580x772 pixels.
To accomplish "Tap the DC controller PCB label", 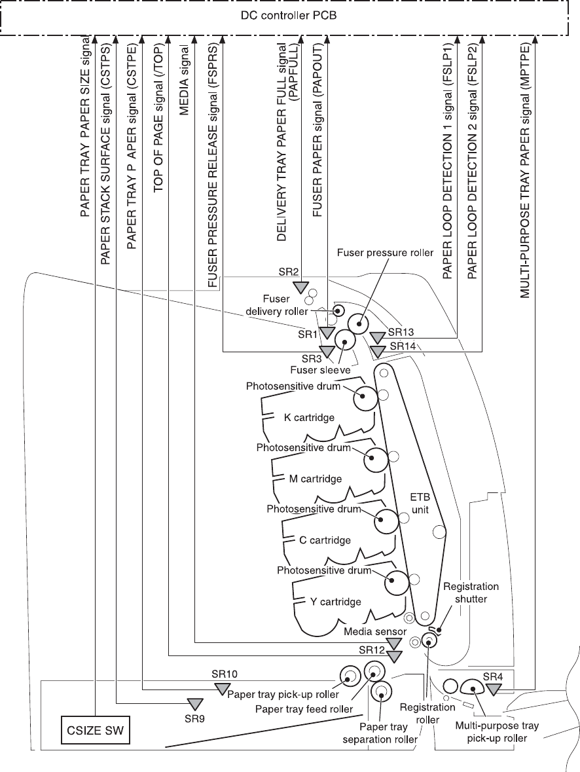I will point(289,14).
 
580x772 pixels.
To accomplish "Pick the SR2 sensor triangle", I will point(300,287).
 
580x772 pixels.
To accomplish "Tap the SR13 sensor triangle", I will point(376,337).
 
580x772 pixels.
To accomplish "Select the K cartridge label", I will point(309,418).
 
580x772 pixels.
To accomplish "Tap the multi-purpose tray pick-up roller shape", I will point(471,686).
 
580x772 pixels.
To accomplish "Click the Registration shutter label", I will point(471,593).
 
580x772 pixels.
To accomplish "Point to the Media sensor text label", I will point(375,631).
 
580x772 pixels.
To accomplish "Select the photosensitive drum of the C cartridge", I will point(386,521).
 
